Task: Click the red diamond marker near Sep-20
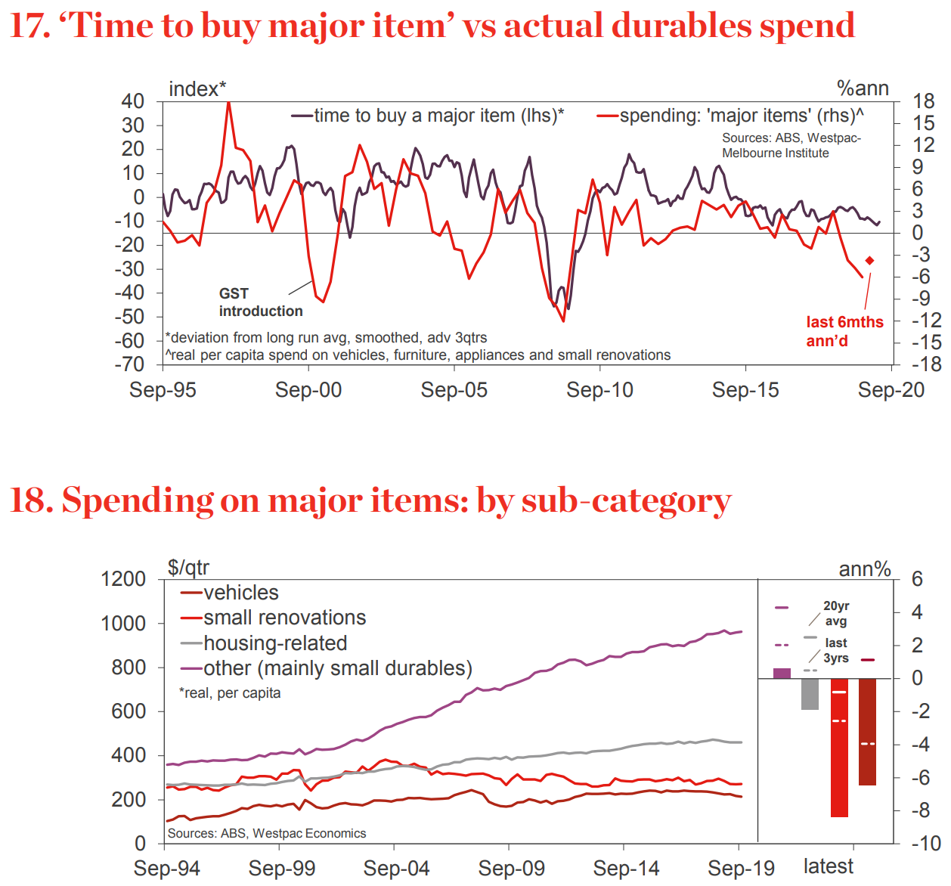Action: (x=869, y=261)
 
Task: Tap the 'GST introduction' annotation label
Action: (x=260, y=302)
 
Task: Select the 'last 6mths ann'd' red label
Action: (x=844, y=331)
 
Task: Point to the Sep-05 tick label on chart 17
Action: (x=454, y=390)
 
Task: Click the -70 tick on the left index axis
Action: (x=129, y=364)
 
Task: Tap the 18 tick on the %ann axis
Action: (x=923, y=101)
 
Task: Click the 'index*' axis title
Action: (x=197, y=89)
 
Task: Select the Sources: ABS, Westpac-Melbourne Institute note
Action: (x=791, y=145)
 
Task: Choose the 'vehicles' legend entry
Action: (x=230, y=593)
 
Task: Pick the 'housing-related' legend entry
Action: (x=265, y=643)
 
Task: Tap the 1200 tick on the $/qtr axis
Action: (x=123, y=579)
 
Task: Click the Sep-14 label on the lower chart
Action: (x=626, y=869)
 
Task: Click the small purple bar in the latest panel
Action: (x=782, y=673)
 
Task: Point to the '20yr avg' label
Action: (x=835, y=613)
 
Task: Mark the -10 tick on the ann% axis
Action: (x=925, y=843)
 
